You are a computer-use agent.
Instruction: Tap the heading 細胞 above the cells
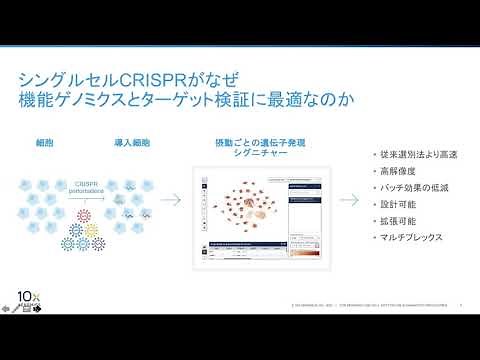point(42,143)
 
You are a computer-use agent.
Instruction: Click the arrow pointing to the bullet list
point(345,199)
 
